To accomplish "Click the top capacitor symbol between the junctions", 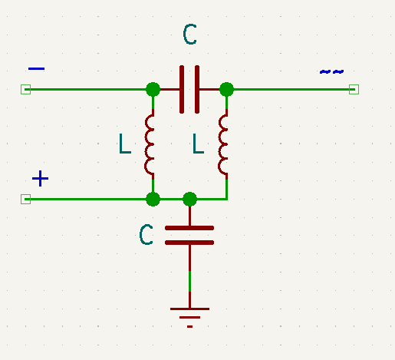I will (x=189, y=89).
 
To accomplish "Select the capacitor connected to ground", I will (x=189, y=235).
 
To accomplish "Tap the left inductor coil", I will (x=150, y=144).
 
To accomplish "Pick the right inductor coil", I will (x=224, y=144).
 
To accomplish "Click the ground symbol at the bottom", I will (x=189, y=315).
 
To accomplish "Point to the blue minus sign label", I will (x=36, y=69).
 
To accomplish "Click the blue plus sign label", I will (x=40, y=180).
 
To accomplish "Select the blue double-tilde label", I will (x=331, y=71).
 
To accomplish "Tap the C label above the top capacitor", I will (x=190, y=35).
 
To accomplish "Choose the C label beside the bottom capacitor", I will (x=146, y=235).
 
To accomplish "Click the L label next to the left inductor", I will (x=125, y=144).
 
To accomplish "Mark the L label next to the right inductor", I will (x=199, y=144).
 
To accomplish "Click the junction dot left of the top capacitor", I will (x=153, y=89).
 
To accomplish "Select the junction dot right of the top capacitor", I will (x=226, y=89).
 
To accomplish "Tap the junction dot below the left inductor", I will (x=153, y=200).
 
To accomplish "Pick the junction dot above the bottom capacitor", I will (x=190, y=200).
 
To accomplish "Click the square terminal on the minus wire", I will (x=25, y=89).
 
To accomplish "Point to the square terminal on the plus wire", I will (x=25, y=200).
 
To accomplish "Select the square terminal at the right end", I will (x=354, y=89).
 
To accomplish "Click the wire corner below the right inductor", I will (x=226, y=199).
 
